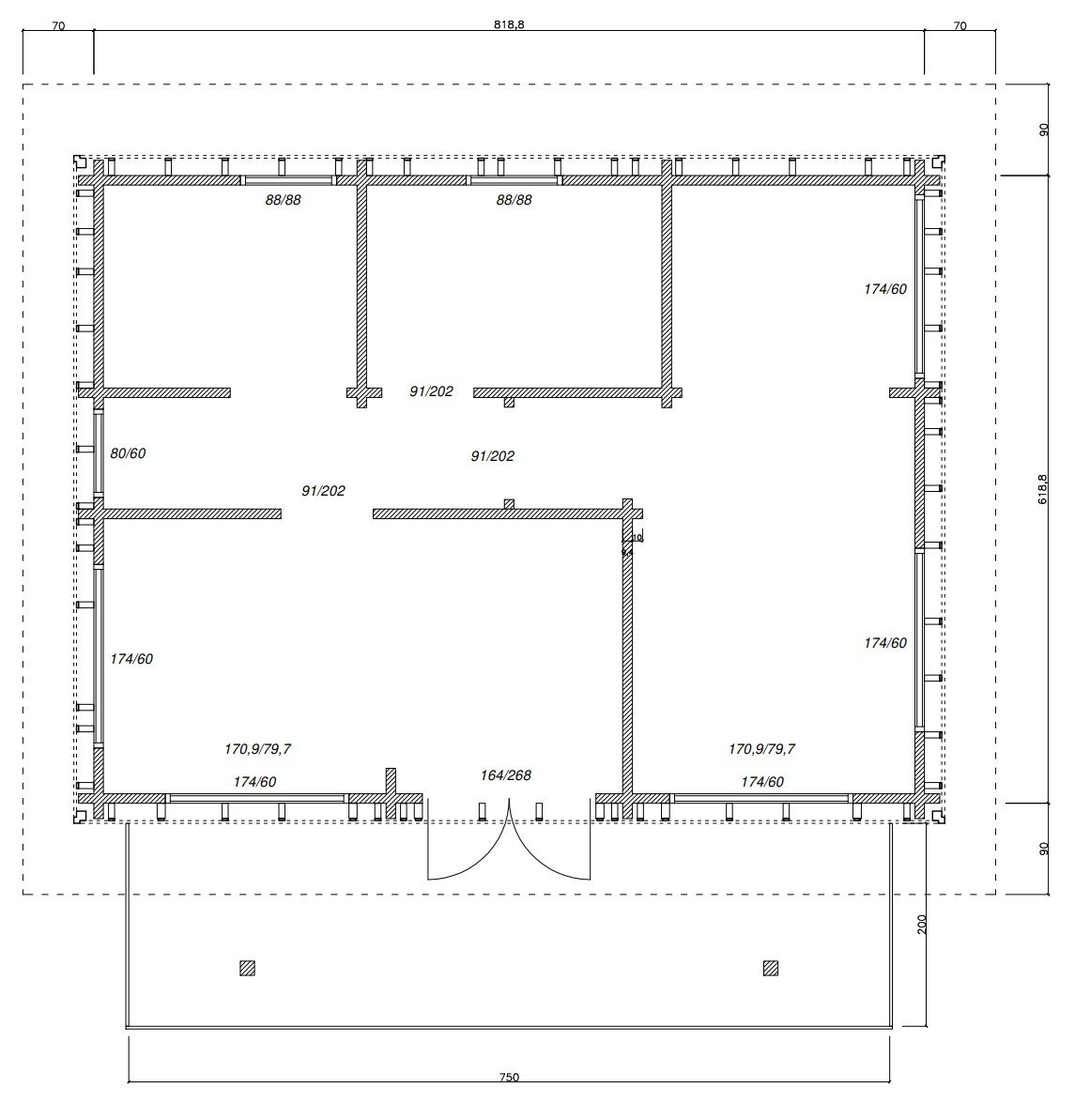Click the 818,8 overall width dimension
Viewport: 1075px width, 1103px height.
508,26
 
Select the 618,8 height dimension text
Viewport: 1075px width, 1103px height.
1042,489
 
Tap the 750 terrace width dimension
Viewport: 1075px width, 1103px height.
509,1078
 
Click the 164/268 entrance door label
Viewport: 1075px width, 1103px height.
505,775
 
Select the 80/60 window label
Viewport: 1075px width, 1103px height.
128,453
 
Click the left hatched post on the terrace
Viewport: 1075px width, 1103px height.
247,968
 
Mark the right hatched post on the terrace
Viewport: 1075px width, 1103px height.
771,968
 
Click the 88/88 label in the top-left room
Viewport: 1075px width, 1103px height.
283,200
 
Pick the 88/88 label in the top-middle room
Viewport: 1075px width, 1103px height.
514,200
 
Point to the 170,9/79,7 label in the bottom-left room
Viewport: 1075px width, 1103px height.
257,749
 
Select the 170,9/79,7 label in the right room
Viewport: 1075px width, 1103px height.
761,749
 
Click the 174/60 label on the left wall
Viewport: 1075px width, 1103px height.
131,659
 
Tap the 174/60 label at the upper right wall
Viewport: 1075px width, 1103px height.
885,289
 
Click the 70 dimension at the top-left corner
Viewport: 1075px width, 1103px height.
58,26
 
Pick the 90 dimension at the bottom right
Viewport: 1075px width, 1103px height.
1042,849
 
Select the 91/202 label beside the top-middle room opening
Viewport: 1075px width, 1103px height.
431,391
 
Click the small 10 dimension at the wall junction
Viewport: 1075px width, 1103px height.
637,538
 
